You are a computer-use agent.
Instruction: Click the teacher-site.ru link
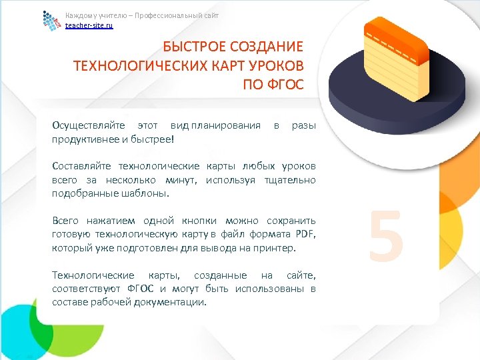89,25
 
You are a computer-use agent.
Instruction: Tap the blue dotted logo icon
52,21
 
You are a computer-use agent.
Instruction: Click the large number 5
386,236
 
